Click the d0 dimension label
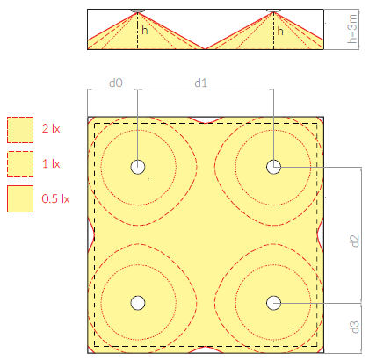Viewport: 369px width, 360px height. tap(116, 83)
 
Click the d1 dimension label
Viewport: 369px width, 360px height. tap(201, 83)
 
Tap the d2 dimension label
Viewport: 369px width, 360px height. tap(354, 241)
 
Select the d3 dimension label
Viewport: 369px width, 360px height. tap(354, 327)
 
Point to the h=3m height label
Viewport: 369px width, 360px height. tap(352, 29)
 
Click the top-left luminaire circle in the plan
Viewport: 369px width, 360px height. tap(138, 167)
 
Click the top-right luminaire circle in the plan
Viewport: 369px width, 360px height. tap(274, 167)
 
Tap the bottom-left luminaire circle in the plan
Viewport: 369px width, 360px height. tap(138, 303)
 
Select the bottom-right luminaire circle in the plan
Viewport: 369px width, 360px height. tap(274, 303)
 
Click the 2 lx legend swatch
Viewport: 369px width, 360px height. tap(20, 130)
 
